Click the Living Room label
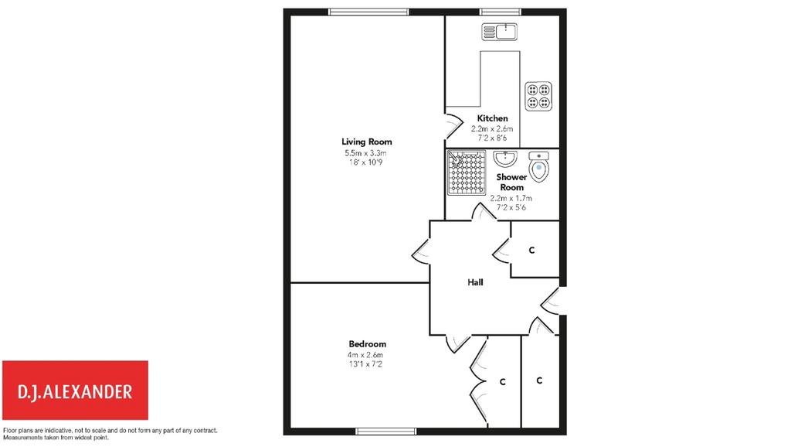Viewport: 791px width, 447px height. tap(367, 142)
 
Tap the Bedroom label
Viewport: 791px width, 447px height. tap(367, 344)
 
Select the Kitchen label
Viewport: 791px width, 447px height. tap(492, 118)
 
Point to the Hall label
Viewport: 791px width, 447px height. tap(475, 282)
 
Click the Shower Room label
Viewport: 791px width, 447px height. tap(511, 182)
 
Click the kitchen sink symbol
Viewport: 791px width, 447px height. tap(500, 32)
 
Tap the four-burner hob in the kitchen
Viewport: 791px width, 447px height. tap(538, 97)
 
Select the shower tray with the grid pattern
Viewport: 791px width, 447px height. tap(467, 172)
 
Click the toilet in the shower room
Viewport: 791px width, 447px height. tap(539, 167)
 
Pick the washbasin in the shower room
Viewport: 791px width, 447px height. tap(505, 159)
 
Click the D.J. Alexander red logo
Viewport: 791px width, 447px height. tap(75, 390)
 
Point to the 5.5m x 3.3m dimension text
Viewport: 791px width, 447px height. tap(365, 153)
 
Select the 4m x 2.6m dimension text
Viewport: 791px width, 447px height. tap(365, 355)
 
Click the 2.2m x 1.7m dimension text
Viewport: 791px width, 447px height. tap(511, 199)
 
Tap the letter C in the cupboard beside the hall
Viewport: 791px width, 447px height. tap(531, 250)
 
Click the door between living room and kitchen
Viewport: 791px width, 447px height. tap(453, 126)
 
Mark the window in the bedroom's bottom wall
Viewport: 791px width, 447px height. tap(386, 432)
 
